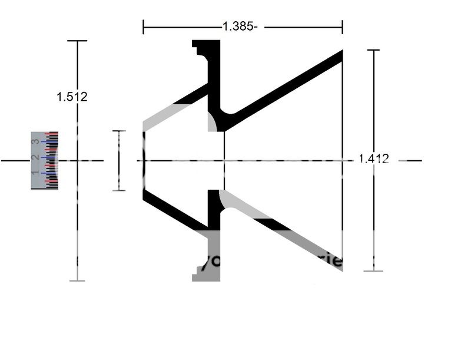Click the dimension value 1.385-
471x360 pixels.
click(x=239, y=27)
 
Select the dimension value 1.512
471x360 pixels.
click(x=72, y=97)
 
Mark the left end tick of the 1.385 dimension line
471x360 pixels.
click(x=144, y=27)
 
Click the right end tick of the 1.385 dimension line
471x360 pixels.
click(x=343, y=27)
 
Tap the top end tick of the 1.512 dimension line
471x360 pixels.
click(x=77, y=41)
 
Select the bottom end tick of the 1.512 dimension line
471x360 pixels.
click(x=77, y=280)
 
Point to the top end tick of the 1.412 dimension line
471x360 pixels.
click(x=373, y=50)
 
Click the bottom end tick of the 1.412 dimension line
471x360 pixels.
click(x=373, y=271)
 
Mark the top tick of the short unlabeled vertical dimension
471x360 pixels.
click(x=119, y=131)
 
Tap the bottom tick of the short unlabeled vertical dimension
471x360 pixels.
click(x=119, y=190)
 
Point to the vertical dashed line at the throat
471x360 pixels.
click(x=224, y=160)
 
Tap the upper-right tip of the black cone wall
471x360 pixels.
click(x=340, y=54)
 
